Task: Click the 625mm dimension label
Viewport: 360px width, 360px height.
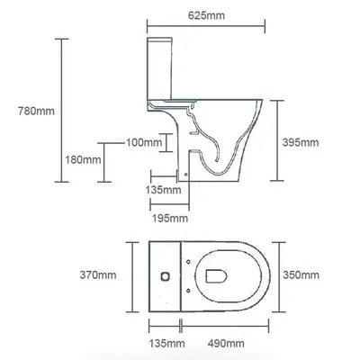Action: [206, 15]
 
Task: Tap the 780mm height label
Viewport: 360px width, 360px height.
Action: [36, 111]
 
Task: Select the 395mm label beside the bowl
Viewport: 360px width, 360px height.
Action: [301, 142]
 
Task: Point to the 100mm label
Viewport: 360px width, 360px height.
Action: [144, 142]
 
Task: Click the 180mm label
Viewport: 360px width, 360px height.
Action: [83, 159]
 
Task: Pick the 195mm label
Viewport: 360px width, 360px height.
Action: [170, 218]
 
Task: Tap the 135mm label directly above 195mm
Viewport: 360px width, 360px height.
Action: [163, 190]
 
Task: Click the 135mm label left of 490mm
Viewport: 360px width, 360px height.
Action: [167, 343]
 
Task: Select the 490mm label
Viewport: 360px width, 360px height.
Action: [226, 343]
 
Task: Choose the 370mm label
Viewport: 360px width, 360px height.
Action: [98, 274]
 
